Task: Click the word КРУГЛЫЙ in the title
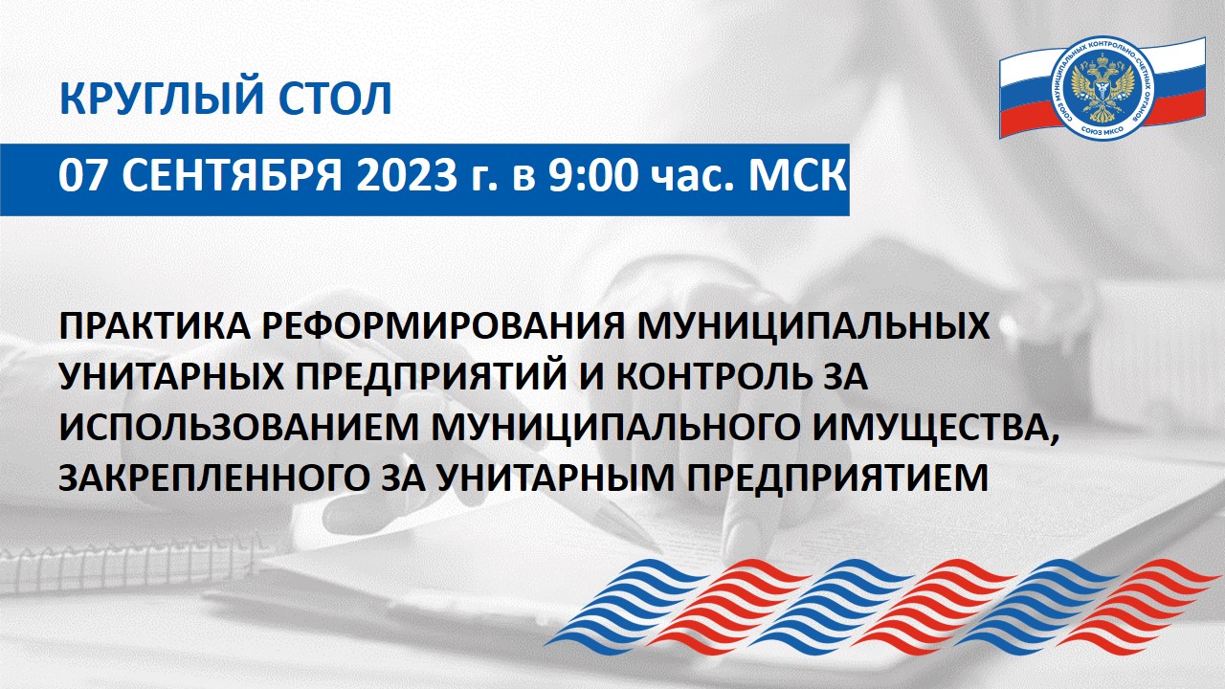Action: click(x=161, y=98)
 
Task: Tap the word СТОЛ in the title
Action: click(x=335, y=98)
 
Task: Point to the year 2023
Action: click(x=407, y=176)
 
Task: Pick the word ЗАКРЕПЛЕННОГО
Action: click(x=213, y=478)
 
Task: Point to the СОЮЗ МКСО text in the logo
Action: click(x=1102, y=130)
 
